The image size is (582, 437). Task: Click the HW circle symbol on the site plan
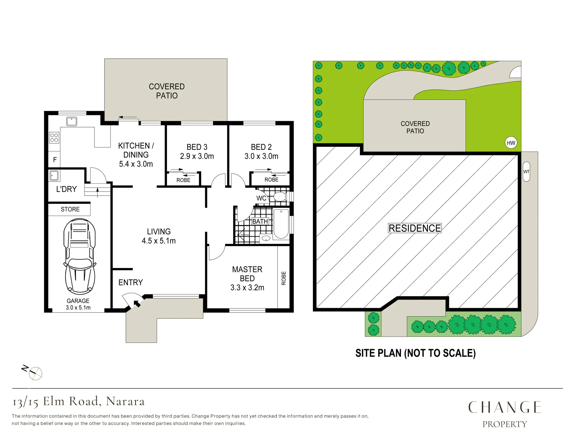[511, 143]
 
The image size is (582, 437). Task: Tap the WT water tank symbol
[526, 172]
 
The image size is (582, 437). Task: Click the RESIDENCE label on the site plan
[415, 228]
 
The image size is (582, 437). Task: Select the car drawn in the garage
[80, 256]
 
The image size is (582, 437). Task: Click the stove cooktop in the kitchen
[54, 138]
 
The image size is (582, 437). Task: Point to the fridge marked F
[54, 160]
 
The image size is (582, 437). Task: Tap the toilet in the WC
[280, 197]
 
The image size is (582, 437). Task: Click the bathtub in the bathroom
[281, 223]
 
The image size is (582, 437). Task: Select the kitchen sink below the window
[72, 121]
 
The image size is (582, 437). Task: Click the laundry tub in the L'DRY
[54, 176]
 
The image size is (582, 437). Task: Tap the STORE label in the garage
[70, 209]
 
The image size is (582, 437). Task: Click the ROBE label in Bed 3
[183, 180]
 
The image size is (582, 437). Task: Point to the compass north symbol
[33, 372]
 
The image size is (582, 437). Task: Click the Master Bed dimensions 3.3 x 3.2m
[247, 288]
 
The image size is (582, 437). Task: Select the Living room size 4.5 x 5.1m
[159, 241]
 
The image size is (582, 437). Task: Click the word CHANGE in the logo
[505, 407]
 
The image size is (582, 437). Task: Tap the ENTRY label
[131, 282]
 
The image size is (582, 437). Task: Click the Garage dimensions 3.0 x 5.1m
[78, 307]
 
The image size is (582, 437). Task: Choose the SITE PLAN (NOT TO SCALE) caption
[416, 353]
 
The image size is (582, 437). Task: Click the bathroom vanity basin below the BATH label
[266, 239]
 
